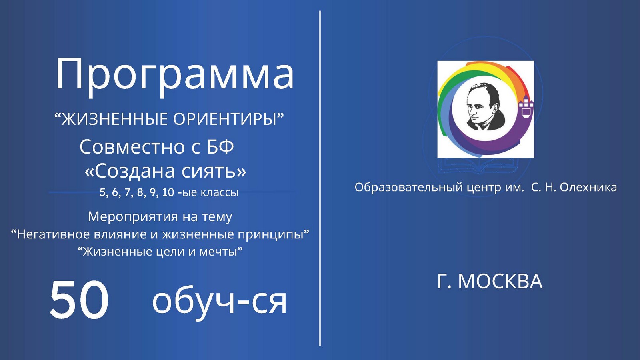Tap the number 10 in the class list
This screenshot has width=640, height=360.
pos(168,192)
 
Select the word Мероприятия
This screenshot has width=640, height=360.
pos(133,217)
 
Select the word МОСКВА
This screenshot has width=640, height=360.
pos(500,282)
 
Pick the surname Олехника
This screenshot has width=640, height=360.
pos(588,188)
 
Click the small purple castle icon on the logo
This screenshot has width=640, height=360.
pos(526,107)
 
